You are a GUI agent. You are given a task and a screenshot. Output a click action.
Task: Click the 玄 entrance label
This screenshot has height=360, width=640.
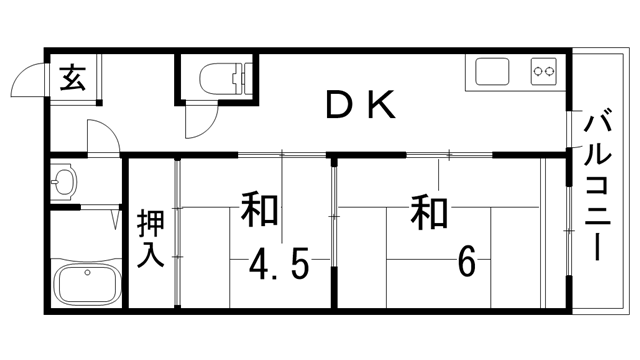pyautogui.click(x=71, y=77)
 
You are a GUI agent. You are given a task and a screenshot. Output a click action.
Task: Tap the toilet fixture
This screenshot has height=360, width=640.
pyautogui.click(x=221, y=76)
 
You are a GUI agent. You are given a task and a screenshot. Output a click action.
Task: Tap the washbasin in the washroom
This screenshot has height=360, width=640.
pyautogui.click(x=65, y=182)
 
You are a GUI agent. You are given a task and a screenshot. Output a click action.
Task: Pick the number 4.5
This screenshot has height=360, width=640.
pyautogui.click(x=277, y=266)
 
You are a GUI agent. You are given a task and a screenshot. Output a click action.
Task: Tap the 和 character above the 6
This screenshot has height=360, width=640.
pyautogui.click(x=429, y=212)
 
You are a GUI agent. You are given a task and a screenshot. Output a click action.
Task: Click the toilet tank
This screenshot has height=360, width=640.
pyautogui.click(x=240, y=76)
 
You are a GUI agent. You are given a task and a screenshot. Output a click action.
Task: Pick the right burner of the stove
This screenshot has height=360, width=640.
pyautogui.click(x=550, y=72)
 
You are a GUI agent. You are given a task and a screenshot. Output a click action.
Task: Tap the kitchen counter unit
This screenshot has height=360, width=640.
pyautogui.click(x=515, y=72)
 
